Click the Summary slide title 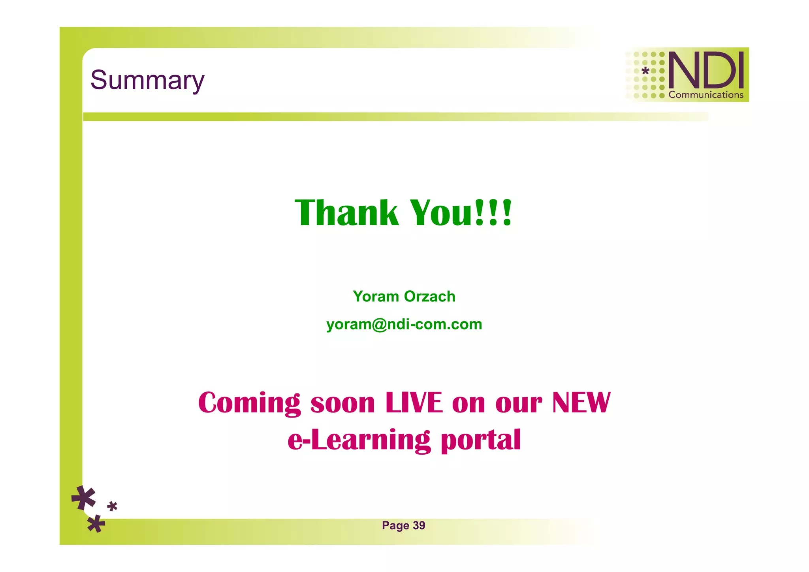pos(147,80)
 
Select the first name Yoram pos(376,296)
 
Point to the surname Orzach pos(430,296)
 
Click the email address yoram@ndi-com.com pos(404,324)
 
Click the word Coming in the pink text pos(249,403)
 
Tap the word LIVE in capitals pos(414,403)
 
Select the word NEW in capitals pos(581,403)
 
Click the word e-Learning pos(359,440)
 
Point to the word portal pos(481,440)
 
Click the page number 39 pos(419,525)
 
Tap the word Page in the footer pos(395,526)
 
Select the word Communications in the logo pos(706,95)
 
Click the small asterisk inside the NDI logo pos(645,71)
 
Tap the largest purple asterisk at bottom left pos(84,498)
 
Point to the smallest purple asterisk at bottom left pos(112,506)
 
